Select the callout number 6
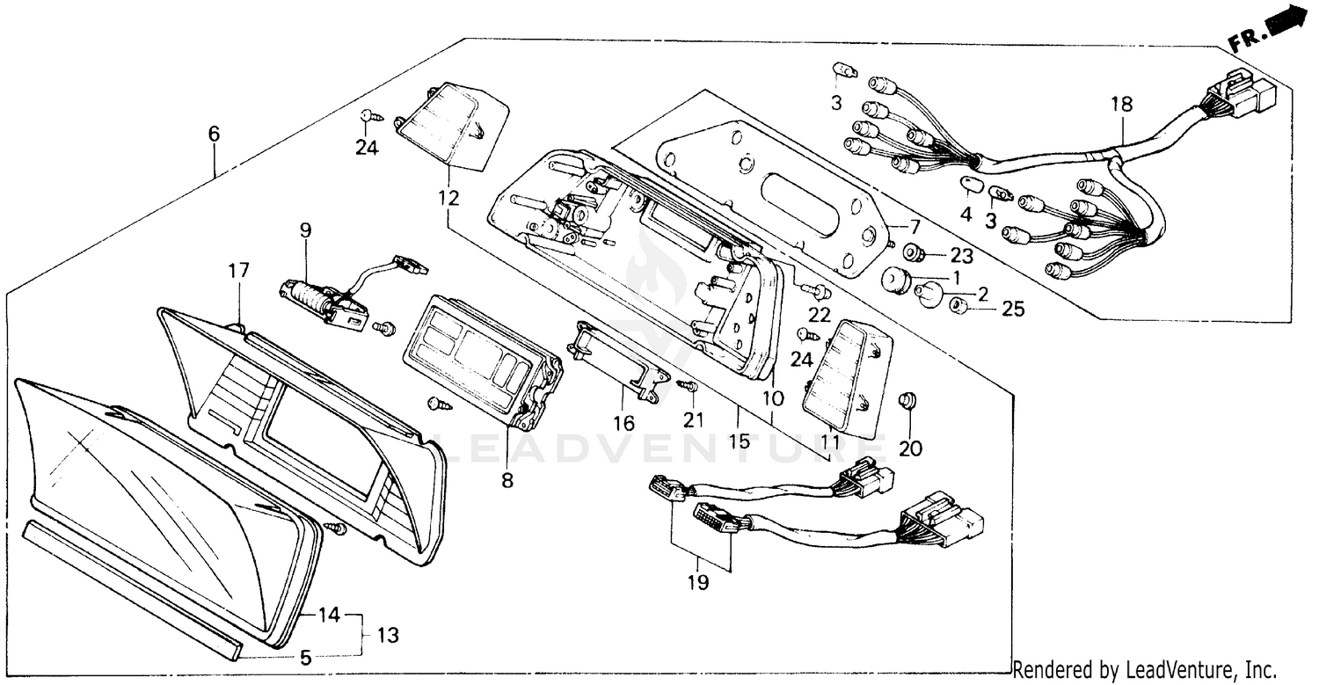click(x=214, y=134)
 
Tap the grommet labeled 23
click(x=915, y=254)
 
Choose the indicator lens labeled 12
click(x=452, y=128)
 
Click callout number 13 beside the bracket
click(x=388, y=634)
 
